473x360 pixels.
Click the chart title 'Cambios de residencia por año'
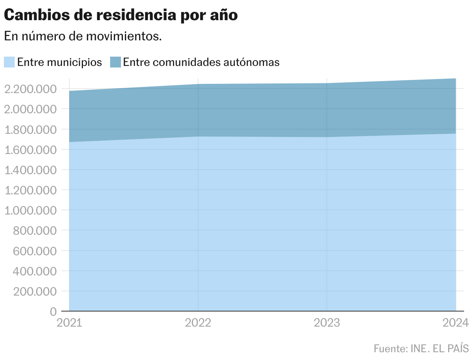tap(121, 15)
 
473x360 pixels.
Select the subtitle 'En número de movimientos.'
tap(83, 36)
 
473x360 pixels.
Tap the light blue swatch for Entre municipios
tap(9, 62)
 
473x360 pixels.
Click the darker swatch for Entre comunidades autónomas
tap(116, 62)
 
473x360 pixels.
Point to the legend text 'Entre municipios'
tap(60, 62)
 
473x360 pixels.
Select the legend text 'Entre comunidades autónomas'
tap(201, 62)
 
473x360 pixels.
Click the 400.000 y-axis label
tap(35, 271)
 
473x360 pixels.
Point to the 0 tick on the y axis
tap(53, 312)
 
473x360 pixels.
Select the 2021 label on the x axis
tap(69, 323)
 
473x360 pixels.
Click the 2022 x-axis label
tap(198, 323)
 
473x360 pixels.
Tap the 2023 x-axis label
tap(327, 323)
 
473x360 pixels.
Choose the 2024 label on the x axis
tap(456, 323)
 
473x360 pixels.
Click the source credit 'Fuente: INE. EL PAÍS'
tap(421, 348)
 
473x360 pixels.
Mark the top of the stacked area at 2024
tap(456, 79)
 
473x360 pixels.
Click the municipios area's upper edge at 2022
tap(198, 137)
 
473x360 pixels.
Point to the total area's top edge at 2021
tap(69, 91)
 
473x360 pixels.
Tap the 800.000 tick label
tap(35, 230)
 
